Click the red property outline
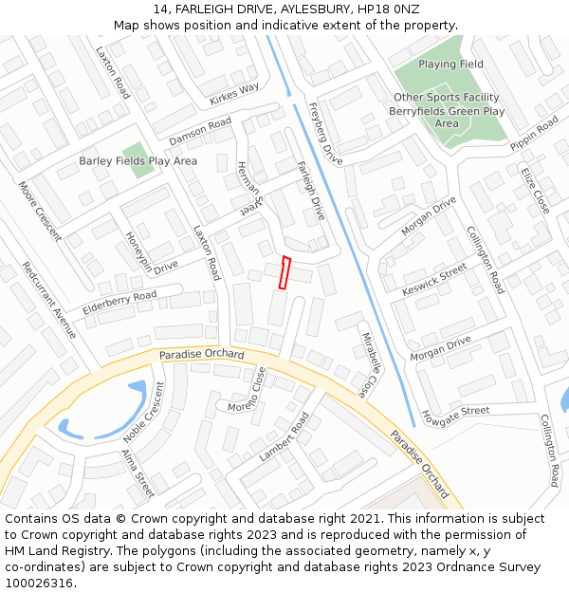tap(283, 272)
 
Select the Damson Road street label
tap(200, 132)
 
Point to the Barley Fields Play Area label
tap(138, 161)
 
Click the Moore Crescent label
tap(39, 211)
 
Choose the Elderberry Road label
tap(119, 303)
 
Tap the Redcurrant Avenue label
tap(48, 300)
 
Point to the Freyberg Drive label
tap(325, 134)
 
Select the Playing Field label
tap(451, 65)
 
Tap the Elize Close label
tap(535, 190)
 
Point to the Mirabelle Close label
tap(369, 363)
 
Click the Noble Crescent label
tap(143, 412)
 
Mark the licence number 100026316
tap(40, 584)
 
